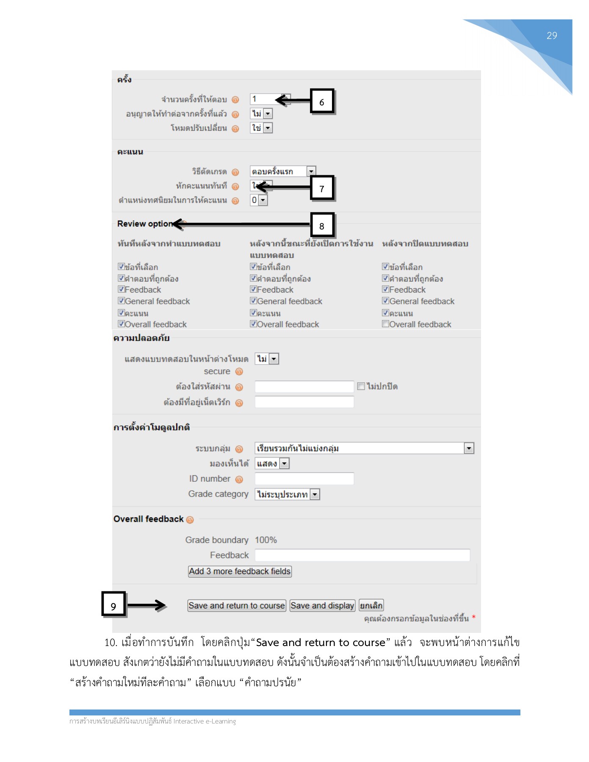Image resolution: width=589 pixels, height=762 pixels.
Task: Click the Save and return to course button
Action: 237,606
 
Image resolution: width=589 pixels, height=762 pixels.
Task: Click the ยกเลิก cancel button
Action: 371,606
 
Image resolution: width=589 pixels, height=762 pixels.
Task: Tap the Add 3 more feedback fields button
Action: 240,571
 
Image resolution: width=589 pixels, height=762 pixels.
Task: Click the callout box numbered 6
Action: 322,102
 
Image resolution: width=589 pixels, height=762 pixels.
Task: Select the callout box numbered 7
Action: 322,188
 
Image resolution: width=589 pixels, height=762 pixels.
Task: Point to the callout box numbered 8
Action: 322,226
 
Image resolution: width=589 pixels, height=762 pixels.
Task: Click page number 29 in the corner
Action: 551,36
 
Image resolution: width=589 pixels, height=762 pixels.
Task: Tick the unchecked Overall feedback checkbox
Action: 385,324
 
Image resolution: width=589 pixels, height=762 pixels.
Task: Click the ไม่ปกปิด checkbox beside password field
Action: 361,386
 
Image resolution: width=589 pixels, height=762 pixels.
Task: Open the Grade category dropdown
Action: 287,494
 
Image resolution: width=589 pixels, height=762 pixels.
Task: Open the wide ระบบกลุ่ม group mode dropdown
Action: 364,448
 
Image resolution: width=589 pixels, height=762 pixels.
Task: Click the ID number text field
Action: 304,479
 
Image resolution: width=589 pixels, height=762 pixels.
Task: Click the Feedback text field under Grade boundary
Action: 362,555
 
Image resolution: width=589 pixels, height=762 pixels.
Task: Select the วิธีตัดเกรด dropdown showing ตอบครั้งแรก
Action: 282,171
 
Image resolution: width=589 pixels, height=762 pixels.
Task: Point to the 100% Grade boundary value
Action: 265,540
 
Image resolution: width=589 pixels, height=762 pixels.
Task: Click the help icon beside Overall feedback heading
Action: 190,520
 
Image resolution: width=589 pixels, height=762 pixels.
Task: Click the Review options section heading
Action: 145,224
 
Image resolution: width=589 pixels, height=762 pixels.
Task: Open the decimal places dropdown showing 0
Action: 259,200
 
